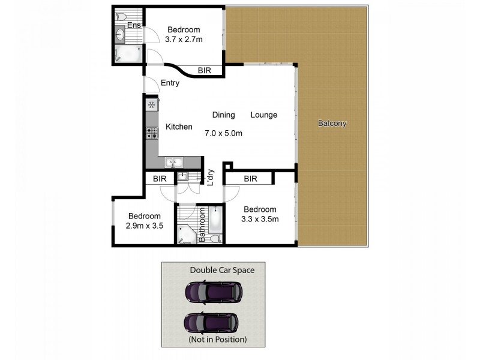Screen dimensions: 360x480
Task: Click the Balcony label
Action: (x=332, y=124)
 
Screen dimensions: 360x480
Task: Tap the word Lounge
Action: (x=264, y=115)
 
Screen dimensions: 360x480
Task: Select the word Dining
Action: (x=223, y=115)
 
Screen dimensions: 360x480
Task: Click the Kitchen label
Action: (x=179, y=127)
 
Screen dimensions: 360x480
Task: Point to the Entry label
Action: (x=170, y=83)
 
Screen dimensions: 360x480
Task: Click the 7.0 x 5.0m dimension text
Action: (x=223, y=133)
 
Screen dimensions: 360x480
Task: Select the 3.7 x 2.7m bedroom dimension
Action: (x=184, y=40)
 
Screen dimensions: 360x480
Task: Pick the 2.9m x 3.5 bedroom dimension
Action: (x=145, y=226)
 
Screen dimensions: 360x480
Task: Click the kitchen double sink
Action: (x=175, y=162)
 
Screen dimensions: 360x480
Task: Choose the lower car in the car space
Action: (x=211, y=322)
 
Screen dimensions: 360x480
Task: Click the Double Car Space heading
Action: (x=222, y=270)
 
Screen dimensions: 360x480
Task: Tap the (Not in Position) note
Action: (x=217, y=340)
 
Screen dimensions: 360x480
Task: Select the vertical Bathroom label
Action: (x=202, y=225)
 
